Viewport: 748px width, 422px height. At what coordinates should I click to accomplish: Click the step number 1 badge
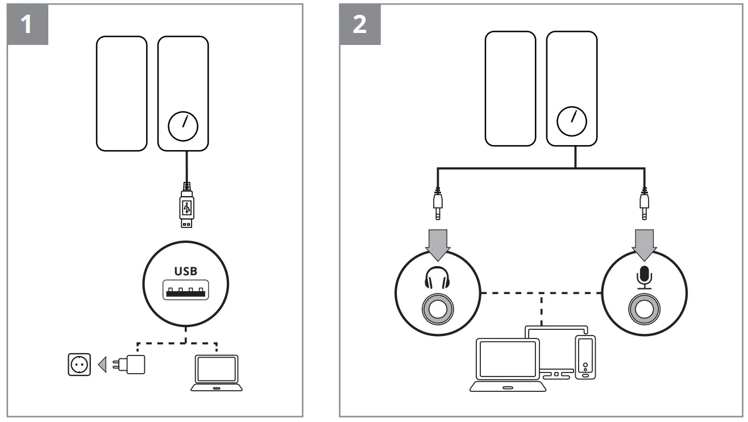click(x=26, y=24)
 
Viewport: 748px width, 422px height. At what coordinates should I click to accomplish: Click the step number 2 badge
click(x=360, y=24)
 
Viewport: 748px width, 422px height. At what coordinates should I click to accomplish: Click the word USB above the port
click(x=186, y=271)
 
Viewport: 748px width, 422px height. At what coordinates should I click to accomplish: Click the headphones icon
click(x=437, y=280)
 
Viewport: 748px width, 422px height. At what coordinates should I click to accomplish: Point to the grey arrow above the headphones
click(x=437, y=242)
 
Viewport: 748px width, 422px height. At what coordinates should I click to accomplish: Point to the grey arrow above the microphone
click(x=643, y=242)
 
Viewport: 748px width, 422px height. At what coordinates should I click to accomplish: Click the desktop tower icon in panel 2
click(x=585, y=357)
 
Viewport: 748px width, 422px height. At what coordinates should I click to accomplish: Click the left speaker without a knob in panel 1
click(x=121, y=94)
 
